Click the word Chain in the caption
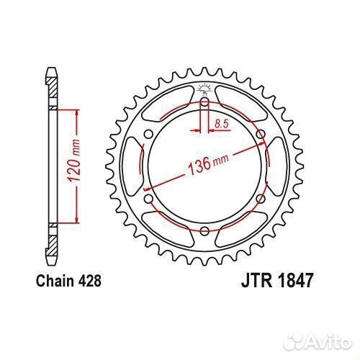[55, 281]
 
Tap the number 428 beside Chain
[90, 281]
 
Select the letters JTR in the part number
[257, 280]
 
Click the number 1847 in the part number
[296, 280]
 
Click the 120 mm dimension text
[73, 160]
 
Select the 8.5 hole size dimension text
[221, 124]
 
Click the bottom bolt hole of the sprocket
[204, 231]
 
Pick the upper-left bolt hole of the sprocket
[149, 134]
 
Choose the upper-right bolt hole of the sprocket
[261, 134]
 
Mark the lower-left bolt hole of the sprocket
[149, 199]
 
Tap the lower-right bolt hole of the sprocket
[261, 199]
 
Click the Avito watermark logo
[320, 341]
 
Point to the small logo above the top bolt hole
[204, 89]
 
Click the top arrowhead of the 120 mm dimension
[77, 113]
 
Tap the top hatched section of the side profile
[52, 88]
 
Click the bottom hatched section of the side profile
[52, 246]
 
